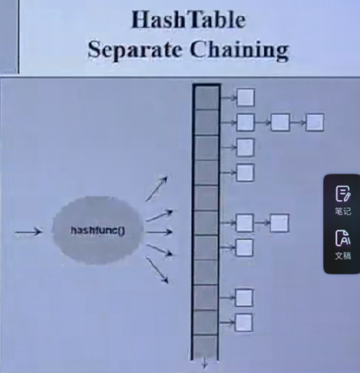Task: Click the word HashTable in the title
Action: pyautogui.click(x=188, y=20)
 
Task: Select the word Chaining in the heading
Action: pyautogui.click(x=240, y=51)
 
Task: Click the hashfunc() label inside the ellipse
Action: pyautogui.click(x=98, y=230)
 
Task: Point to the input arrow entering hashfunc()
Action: pyautogui.click(x=29, y=232)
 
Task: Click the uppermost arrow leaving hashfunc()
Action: pyautogui.click(x=156, y=189)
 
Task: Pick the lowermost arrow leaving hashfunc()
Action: pyautogui.click(x=157, y=272)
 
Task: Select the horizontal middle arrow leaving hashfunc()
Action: pyautogui.click(x=159, y=232)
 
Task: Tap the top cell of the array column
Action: pyautogui.click(x=207, y=98)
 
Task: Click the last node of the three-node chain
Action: pyautogui.click(x=314, y=122)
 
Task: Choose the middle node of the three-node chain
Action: pyautogui.click(x=280, y=122)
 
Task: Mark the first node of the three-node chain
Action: pyautogui.click(x=245, y=122)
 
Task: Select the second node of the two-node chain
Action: pyautogui.click(x=279, y=223)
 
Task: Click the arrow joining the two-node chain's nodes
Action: pyautogui.click(x=262, y=223)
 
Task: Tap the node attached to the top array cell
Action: pyautogui.click(x=245, y=98)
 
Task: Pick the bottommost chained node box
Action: pyautogui.click(x=244, y=323)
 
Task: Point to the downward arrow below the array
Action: pyautogui.click(x=205, y=363)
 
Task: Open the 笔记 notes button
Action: pyautogui.click(x=342, y=200)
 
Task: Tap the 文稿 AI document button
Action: pyautogui.click(x=342, y=244)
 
